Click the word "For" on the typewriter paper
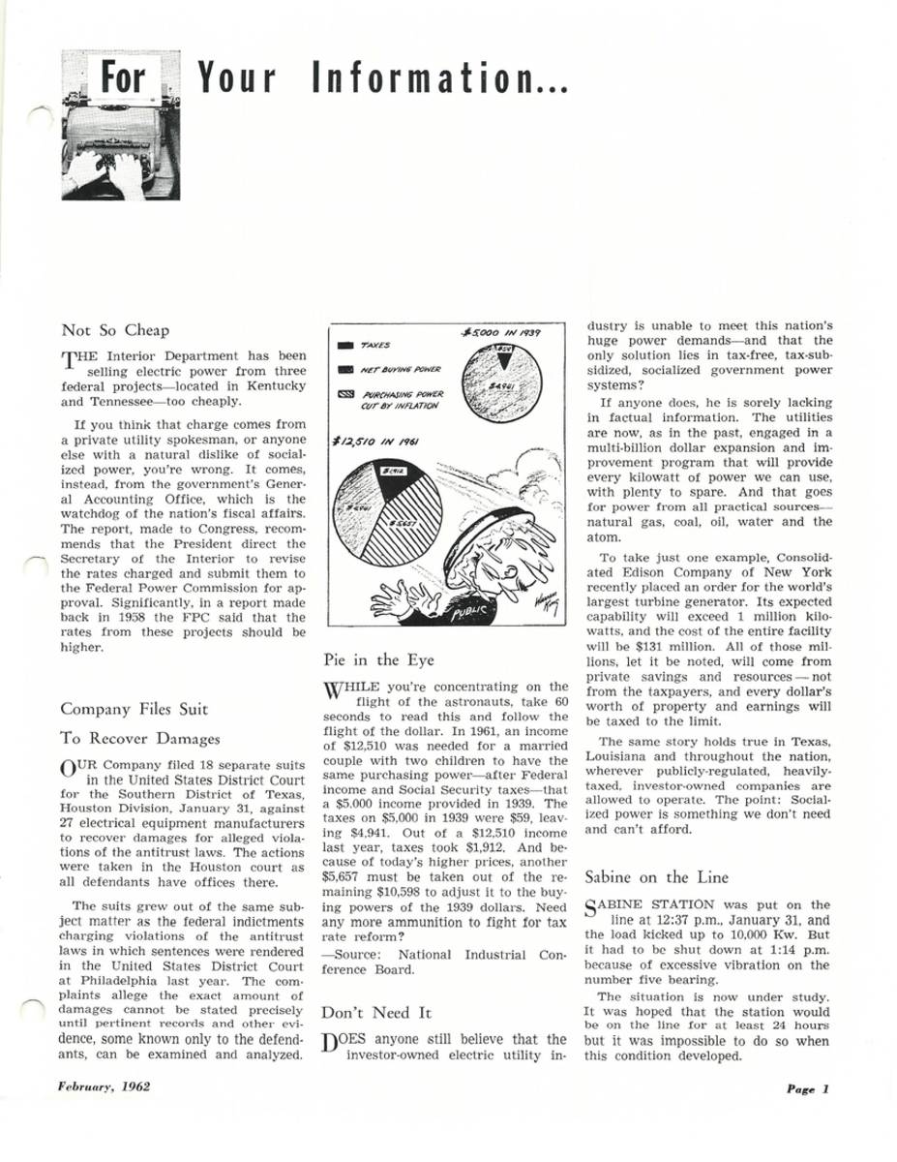pos(123,77)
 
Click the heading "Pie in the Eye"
pos(377,660)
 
